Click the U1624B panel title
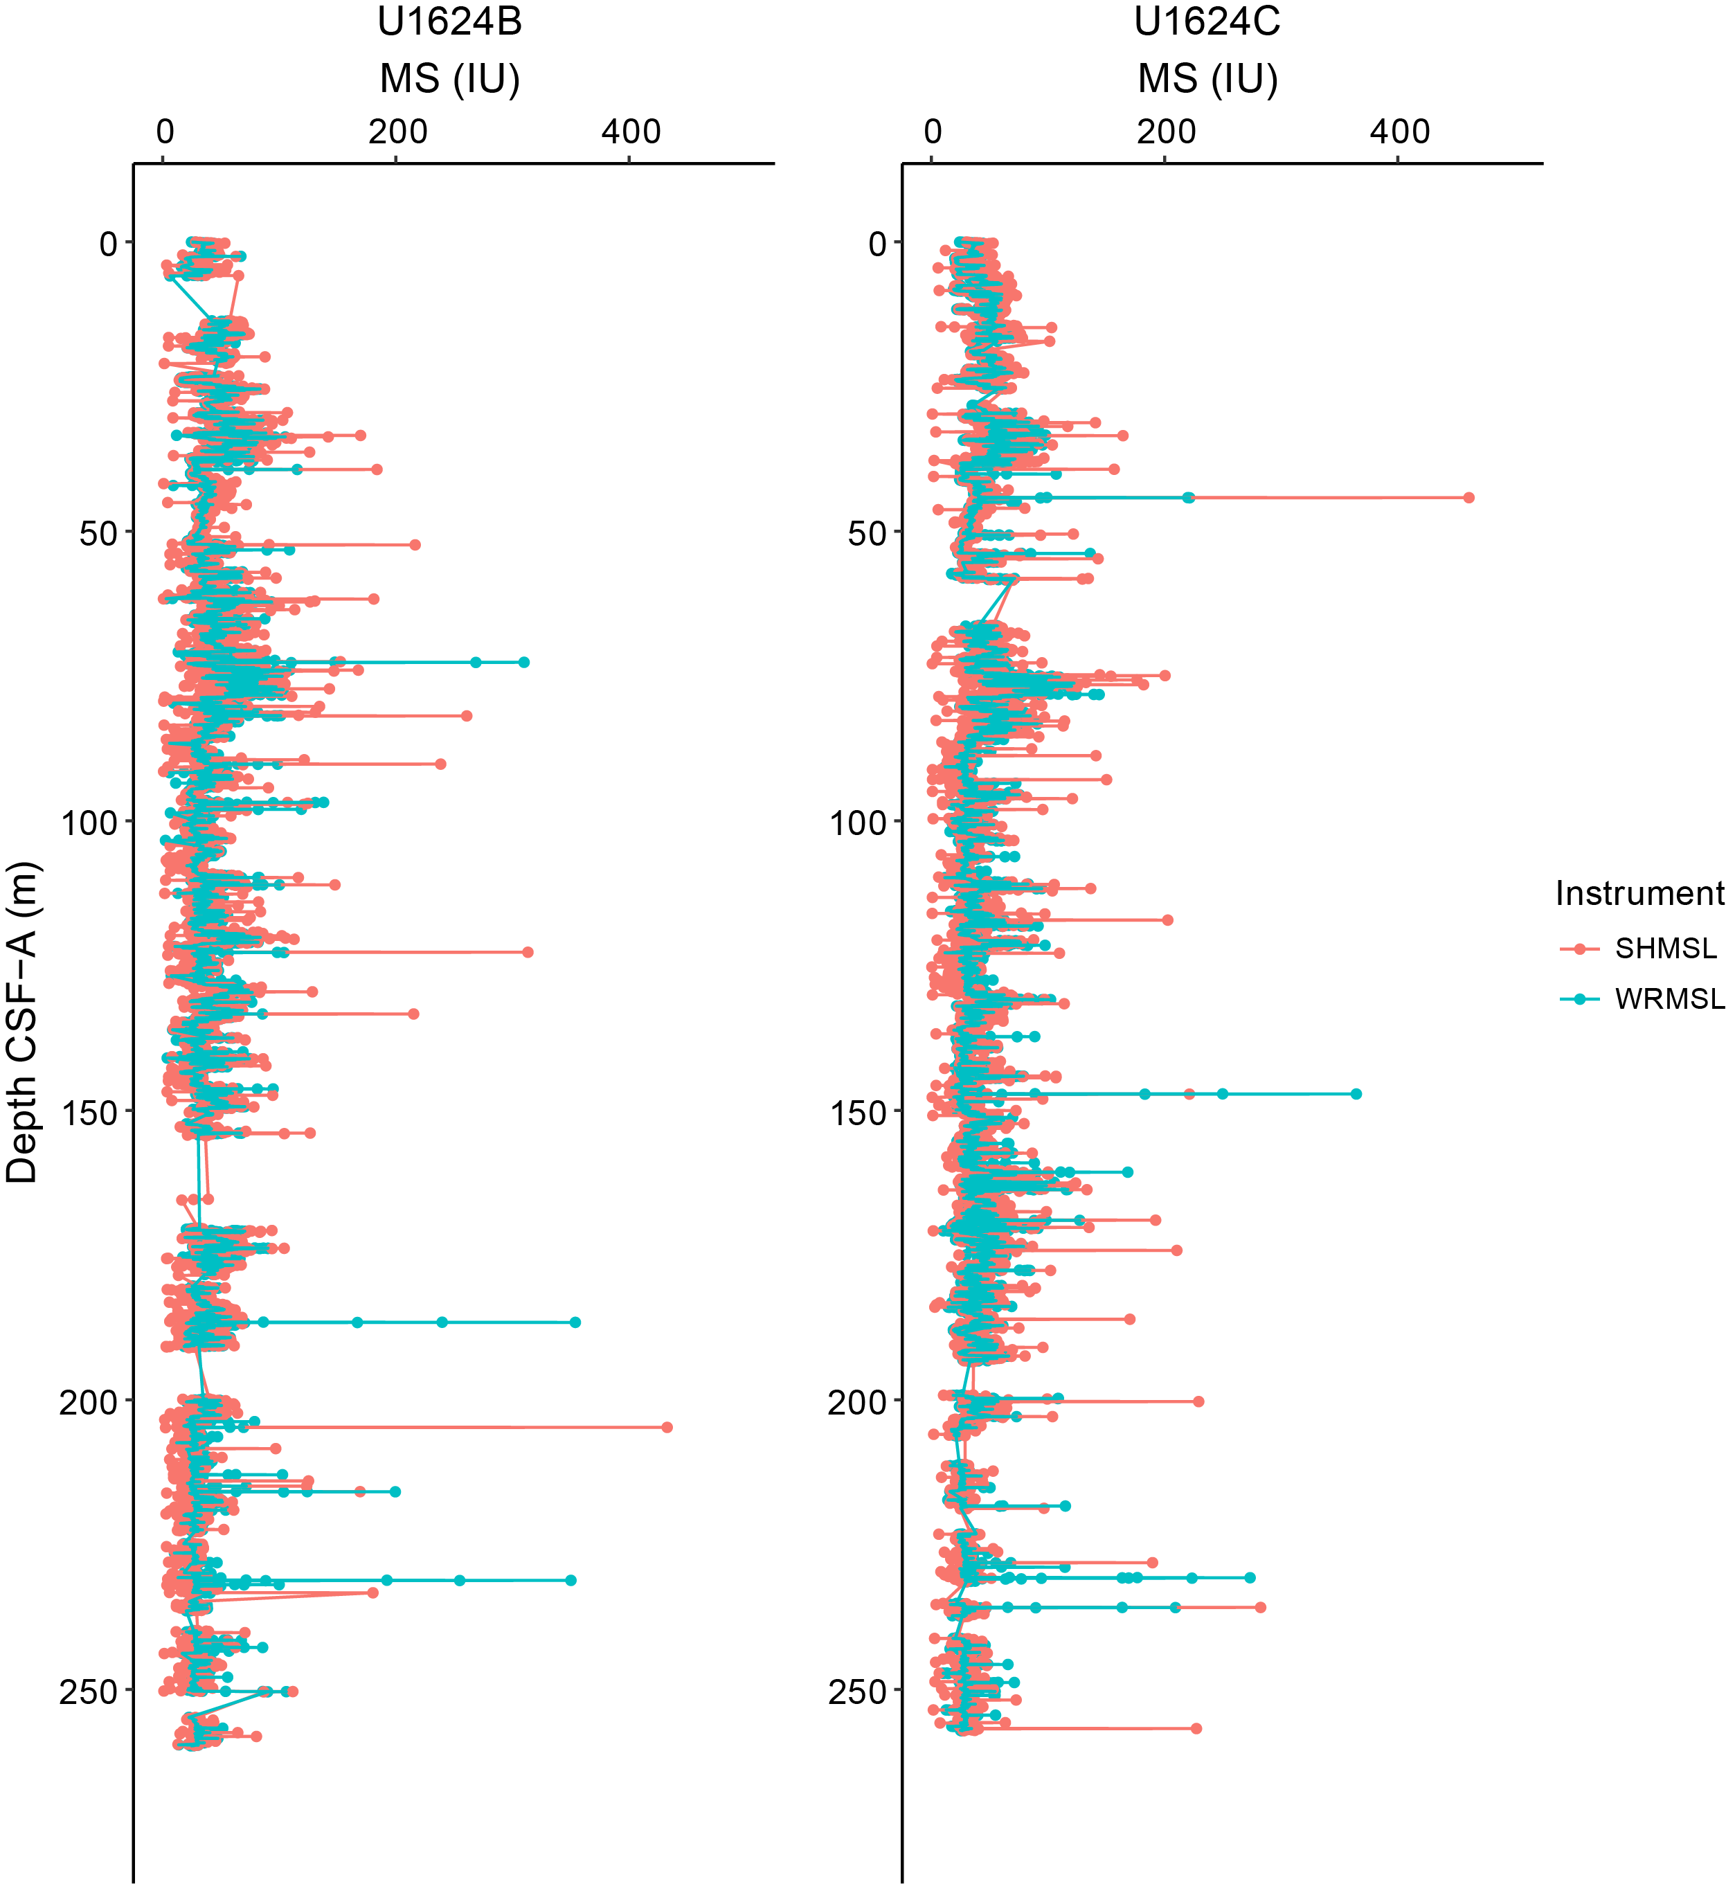(x=449, y=21)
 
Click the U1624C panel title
(x=1207, y=21)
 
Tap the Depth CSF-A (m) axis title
(x=21, y=1023)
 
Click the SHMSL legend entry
(x=1665, y=949)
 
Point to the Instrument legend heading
(x=1639, y=893)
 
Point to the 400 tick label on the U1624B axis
(x=631, y=132)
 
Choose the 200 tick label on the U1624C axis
(x=1165, y=132)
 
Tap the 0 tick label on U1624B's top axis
(x=165, y=132)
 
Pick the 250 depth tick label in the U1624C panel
(x=857, y=1692)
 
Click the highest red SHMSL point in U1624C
(x=1468, y=497)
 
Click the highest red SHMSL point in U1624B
(x=666, y=1427)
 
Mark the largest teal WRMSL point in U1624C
(x=1356, y=1093)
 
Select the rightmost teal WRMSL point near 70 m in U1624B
(x=523, y=662)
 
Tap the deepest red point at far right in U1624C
(x=1195, y=1728)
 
